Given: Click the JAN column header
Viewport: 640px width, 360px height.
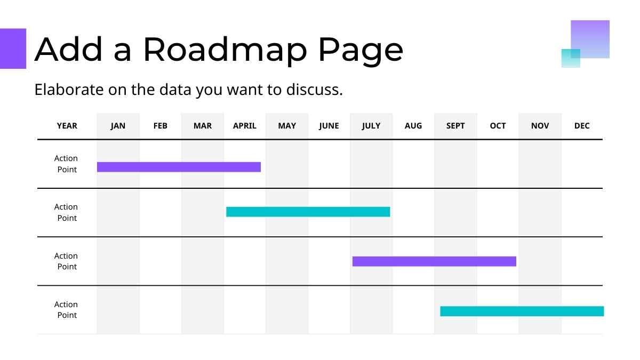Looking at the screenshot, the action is click(x=118, y=126).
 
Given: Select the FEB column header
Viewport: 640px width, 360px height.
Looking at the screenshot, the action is click(x=161, y=126).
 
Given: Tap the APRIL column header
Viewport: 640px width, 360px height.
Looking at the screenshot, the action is click(x=245, y=126).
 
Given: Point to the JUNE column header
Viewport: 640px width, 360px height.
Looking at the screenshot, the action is click(x=329, y=126).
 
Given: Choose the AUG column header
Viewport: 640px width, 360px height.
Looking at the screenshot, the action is click(x=413, y=126).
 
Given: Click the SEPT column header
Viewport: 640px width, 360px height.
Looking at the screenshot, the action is click(x=455, y=126).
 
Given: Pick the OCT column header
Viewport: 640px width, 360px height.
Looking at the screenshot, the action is click(x=498, y=126).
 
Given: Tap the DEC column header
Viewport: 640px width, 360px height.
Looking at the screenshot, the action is click(x=582, y=126).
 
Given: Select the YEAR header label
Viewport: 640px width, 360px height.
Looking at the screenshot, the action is click(x=67, y=126).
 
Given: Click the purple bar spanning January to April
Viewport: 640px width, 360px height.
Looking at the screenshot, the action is click(x=179, y=167).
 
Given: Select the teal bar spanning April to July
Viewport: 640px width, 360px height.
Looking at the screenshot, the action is click(x=308, y=212).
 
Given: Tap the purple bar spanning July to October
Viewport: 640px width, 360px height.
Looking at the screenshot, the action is click(x=434, y=261).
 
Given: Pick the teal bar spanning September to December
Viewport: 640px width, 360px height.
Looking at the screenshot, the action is click(x=522, y=311).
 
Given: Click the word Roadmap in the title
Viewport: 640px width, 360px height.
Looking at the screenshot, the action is click(x=225, y=50).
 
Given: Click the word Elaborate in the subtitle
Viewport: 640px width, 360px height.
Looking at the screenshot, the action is click(x=69, y=90).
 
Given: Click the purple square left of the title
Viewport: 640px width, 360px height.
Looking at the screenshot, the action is click(x=13, y=49).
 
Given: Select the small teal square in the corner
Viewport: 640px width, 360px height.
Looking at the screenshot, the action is click(x=571, y=58).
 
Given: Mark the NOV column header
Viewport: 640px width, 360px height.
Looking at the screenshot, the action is click(x=540, y=126).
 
